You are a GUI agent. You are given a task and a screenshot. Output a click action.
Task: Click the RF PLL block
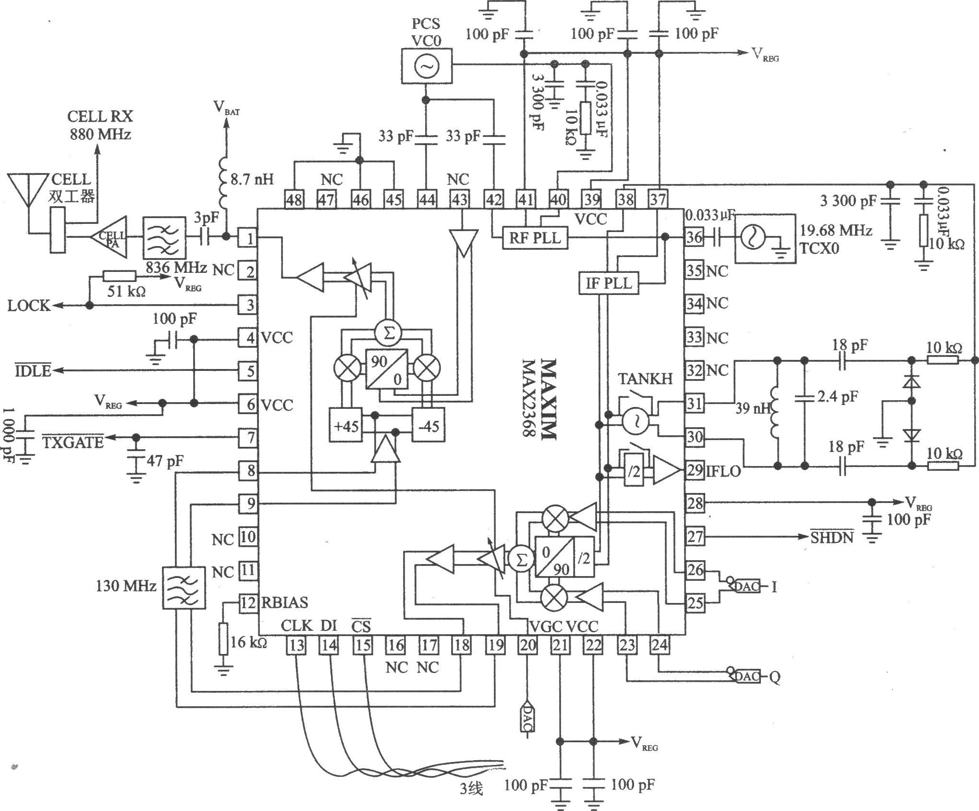pyautogui.click(x=535, y=238)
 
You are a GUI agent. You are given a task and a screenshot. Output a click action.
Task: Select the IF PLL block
pyautogui.click(x=609, y=283)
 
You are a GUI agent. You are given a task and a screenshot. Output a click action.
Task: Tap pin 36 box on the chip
pyautogui.click(x=694, y=238)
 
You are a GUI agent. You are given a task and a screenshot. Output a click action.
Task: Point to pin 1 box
pyautogui.click(x=248, y=238)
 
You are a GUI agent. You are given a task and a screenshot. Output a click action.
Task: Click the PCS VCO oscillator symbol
pyautogui.click(x=426, y=67)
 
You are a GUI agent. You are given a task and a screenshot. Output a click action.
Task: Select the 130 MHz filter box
pyautogui.click(x=185, y=588)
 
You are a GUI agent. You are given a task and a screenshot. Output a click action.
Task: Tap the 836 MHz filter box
pyautogui.click(x=164, y=237)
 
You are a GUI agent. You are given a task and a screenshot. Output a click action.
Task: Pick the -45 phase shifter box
pyautogui.click(x=428, y=425)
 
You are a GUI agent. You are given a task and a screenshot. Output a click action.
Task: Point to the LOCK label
pyautogui.click(x=29, y=306)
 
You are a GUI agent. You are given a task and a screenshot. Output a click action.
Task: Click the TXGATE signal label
pyautogui.click(x=72, y=441)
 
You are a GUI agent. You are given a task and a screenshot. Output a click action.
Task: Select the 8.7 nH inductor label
pyautogui.click(x=252, y=180)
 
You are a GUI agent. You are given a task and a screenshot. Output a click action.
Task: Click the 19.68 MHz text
pyautogui.click(x=835, y=231)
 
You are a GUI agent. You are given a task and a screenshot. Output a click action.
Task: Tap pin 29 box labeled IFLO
pyautogui.click(x=694, y=470)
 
